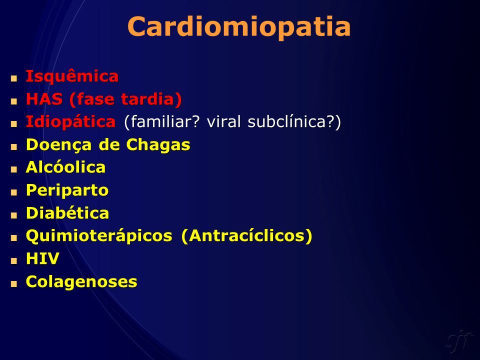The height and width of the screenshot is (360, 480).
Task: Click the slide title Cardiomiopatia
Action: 239,27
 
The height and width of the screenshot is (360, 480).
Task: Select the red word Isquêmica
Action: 72,76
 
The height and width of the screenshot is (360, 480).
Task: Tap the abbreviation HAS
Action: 44,99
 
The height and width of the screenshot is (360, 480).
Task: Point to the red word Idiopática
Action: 70,122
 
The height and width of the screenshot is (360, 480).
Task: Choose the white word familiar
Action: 162,122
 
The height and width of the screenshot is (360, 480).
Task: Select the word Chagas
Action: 158,145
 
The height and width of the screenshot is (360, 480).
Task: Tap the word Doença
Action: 59,145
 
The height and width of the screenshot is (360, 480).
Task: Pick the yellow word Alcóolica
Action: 66,167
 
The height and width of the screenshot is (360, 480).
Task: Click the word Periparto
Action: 67,190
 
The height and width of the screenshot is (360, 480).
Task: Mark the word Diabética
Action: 67,213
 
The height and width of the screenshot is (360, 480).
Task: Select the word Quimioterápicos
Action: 99,236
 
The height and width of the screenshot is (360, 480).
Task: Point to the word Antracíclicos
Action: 246,236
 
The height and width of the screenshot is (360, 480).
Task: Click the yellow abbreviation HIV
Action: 42,258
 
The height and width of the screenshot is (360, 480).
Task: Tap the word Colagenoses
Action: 81,281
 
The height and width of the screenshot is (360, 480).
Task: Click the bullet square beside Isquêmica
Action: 14,78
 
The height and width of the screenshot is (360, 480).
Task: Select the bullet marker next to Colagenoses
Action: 14,284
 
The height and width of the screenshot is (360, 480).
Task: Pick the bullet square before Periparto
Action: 14,192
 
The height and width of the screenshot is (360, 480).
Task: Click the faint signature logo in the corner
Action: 459,340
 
